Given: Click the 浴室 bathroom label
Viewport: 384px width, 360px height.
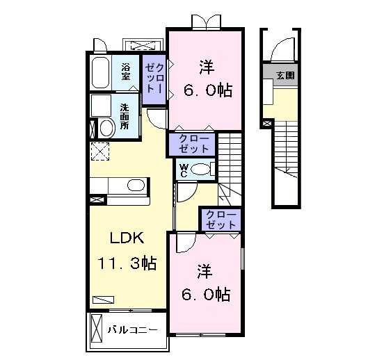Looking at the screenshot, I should [126, 71].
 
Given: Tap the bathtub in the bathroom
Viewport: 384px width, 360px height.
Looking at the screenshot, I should [100, 72].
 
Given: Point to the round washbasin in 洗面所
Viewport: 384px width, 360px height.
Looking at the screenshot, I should [107, 128].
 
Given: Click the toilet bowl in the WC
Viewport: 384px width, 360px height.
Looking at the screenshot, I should [202, 169].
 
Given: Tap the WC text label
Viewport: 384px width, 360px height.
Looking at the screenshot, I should [184, 169].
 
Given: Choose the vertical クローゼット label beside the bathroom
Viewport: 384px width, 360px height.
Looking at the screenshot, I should [154, 79].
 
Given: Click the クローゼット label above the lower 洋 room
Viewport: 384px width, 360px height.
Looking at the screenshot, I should [221, 219].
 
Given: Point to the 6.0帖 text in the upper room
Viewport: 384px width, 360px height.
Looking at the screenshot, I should [207, 91].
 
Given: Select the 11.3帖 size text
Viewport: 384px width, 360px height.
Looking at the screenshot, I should [126, 263].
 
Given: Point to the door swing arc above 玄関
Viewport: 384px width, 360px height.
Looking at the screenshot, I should [282, 49].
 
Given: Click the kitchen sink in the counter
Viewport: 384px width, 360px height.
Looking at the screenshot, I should [135, 185].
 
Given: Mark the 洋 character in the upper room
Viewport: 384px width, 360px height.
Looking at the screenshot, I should [206, 67].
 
